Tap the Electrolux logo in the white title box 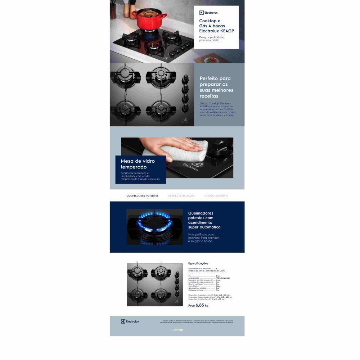click(x=208, y=13)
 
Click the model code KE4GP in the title click(x=227, y=31)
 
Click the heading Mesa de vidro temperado click(x=138, y=164)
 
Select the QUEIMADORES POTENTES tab click(x=142, y=196)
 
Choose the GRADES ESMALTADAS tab click(x=181, y=196)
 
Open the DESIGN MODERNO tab click(x=216, y=196)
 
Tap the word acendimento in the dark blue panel click(x=200, y=222)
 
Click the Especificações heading click(x=198, y=264)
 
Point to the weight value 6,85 click(x=200, y=305)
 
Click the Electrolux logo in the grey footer click(x=130, y=321)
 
